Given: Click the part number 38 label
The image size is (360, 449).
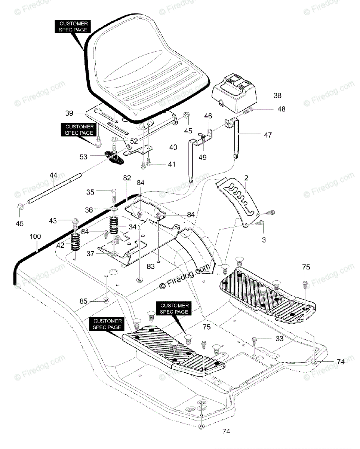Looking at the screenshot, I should click(277, 95).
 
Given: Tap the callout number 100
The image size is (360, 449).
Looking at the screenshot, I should click(36, 237).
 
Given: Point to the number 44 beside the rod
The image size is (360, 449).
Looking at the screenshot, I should click(53, 175).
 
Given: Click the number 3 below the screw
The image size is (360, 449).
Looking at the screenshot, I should click(264, 240).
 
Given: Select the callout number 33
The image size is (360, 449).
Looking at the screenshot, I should click(279, 339).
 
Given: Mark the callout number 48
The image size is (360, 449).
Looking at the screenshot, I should click(281, 109).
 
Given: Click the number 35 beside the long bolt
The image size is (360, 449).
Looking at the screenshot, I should click(90, 192).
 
